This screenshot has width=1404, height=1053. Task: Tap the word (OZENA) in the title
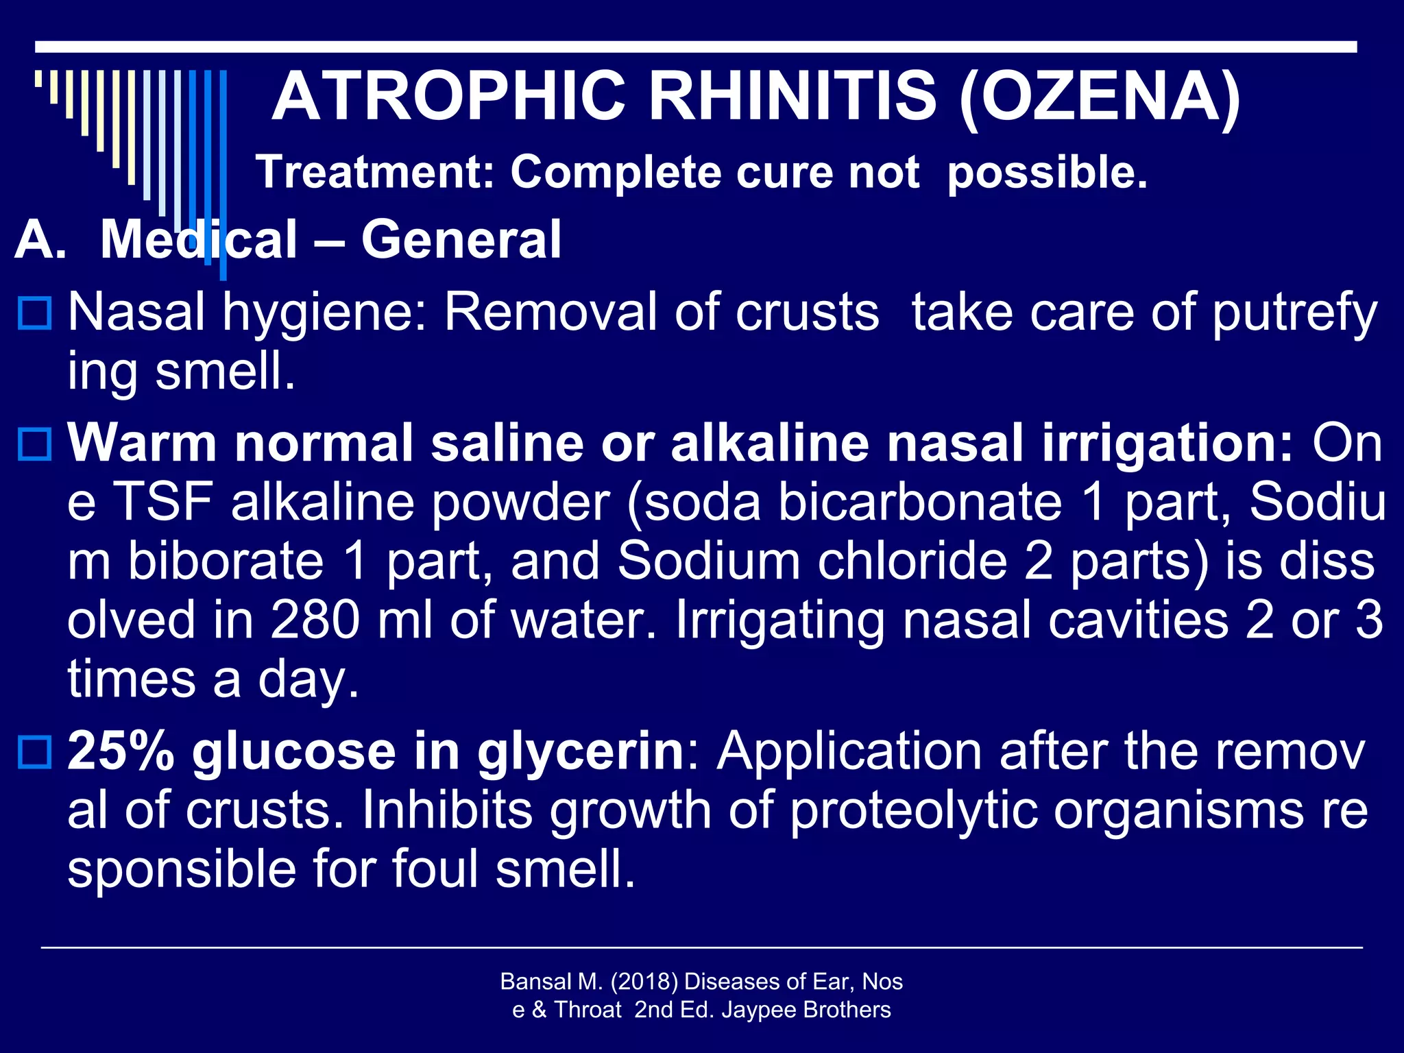[x=1100, y=97]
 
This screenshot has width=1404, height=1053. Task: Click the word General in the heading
[x=461, y=239]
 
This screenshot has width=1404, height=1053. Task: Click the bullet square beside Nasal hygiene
[x=34, y=313]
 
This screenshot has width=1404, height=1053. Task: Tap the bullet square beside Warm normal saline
[x=34, y=444]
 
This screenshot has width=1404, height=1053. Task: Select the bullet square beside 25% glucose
[x=34, y=752]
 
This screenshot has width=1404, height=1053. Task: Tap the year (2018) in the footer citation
[x=643, y=982]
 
